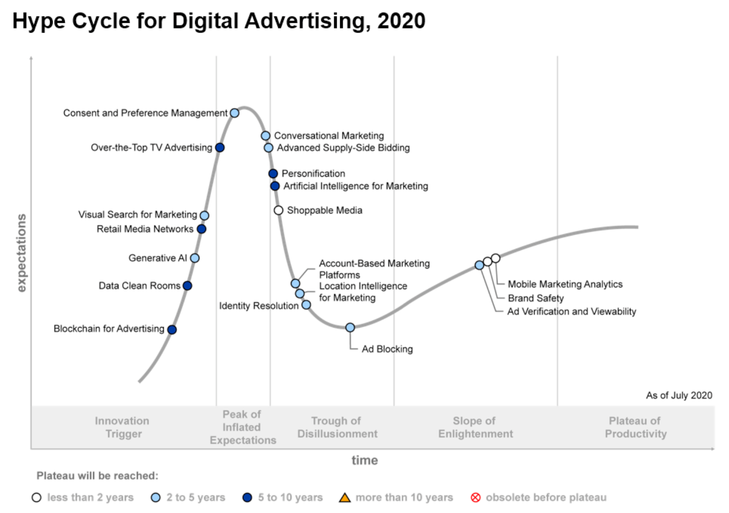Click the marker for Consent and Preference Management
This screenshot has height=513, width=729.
234,113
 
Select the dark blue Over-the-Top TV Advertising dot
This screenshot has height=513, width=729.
220,147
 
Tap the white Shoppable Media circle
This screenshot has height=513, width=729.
278,210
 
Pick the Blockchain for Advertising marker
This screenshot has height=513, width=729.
172,330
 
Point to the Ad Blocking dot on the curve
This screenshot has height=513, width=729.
350,328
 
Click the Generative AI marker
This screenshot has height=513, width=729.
195,258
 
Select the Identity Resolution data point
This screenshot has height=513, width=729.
306,305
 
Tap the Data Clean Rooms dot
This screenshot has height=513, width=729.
187,286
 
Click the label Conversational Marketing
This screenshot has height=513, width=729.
329,136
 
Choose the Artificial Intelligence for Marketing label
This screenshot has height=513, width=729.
356,186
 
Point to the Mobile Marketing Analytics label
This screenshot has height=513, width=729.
565,284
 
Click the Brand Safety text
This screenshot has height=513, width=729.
536,298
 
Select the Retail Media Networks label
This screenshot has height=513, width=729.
145,229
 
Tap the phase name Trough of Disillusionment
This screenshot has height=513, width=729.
337,427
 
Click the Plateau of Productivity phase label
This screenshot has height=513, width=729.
635,427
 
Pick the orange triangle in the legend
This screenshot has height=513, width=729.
345,497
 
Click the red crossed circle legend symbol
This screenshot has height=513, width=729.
476,497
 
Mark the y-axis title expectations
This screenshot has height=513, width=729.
21,253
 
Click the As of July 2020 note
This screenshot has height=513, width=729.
679,395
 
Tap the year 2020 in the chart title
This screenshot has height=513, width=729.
401,21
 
